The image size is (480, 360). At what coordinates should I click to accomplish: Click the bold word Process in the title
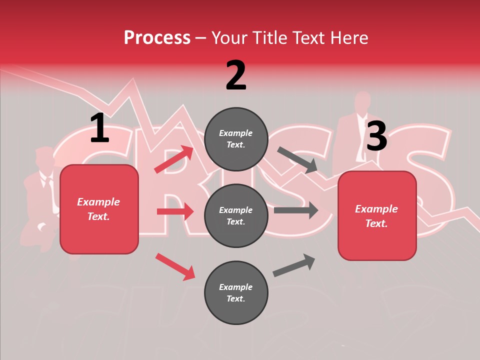pos(157,37)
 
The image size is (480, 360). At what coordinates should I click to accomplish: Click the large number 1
pos(99,128)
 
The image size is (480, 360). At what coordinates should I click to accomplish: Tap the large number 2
pos(236,75)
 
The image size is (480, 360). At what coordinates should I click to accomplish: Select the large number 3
pos(376,136)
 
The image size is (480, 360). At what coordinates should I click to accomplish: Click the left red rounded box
pos(99,209)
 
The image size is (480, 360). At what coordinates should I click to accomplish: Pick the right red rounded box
pos(377,215)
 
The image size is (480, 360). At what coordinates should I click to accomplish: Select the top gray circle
pos(236,139)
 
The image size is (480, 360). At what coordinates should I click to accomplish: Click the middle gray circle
pos(236,215)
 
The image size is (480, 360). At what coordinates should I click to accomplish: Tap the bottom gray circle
pos(236,292)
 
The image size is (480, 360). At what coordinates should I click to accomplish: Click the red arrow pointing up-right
pos(174,159)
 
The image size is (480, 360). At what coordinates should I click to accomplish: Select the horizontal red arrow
pos(175,211)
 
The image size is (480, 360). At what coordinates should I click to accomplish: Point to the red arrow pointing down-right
pos(175,266)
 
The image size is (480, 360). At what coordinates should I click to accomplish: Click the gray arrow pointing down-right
pos(297,160)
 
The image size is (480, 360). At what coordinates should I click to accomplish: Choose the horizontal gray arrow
pos(295,210)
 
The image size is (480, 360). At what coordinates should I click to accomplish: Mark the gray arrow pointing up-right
pos(294,265)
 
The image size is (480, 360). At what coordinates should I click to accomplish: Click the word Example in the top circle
pos(236,133)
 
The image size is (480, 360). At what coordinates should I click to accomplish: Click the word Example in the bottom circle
pos(236,287)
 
